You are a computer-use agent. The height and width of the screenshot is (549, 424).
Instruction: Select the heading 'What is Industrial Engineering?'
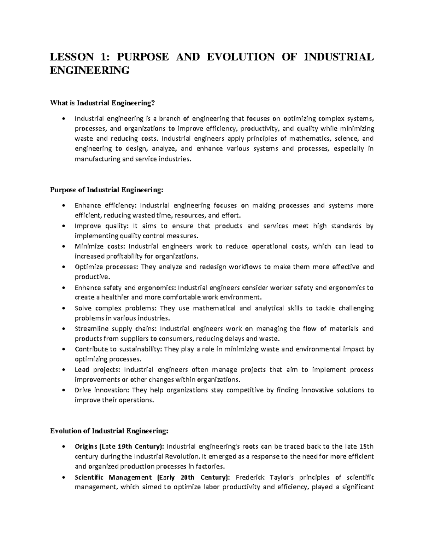pyautogui.click(x=103, y=103)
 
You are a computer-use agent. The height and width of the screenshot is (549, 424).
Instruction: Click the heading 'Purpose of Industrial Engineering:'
pyautogui.click(x=107, y=190)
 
